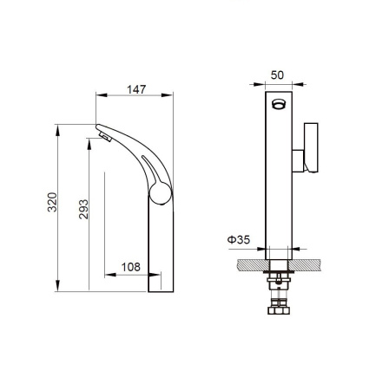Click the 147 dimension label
pyautogui.click(x=136, y=89)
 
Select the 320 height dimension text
pyautogui.click(x=52, y=202)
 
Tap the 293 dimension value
pyautogui.click(x=83, y=209)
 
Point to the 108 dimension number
pyautogui.click(x=131, y=267)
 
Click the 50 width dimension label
pyautogui.click(x=277, y=75)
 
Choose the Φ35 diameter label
pyautogui.click(x=239, y=239)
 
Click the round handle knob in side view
pyautogui.click(x=161, y=193)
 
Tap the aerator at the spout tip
pyautogui.click(x=105, y=136)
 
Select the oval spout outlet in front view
pyautogui.click(x=279, y=104)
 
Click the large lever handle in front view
pyautogui.click(x=311, y=147)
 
